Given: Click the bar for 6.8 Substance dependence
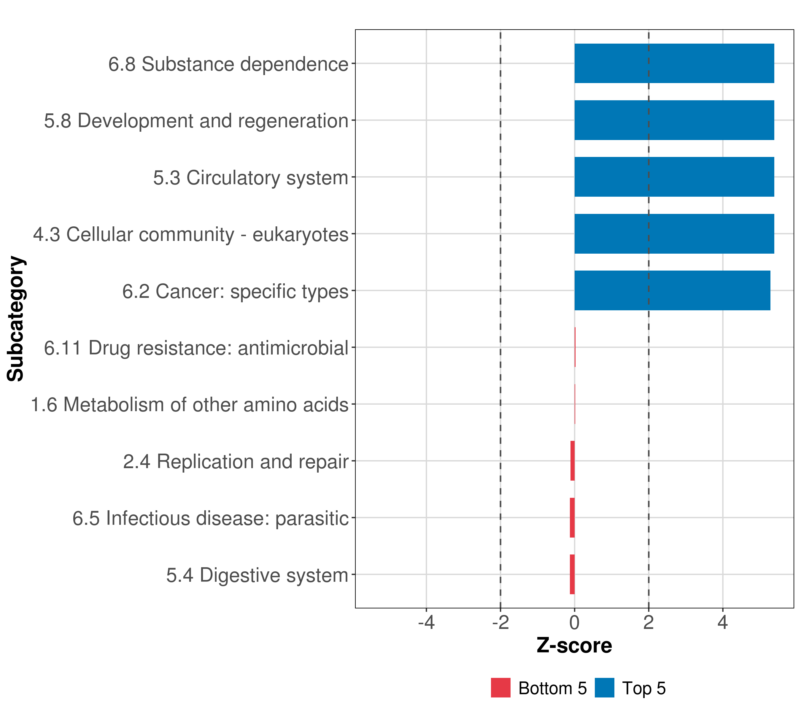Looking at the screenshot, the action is [x=674, y=63].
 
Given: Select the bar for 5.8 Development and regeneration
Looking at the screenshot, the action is [x=674, y=120].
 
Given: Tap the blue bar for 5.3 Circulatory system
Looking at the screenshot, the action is [x=674, y=177].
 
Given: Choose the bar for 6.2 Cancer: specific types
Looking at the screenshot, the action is [x=673, y=290].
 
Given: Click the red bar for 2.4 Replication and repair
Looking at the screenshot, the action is [x=573, y=461].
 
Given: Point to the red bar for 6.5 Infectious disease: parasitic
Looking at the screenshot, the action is [x=572, y=518].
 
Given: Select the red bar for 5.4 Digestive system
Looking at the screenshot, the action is [x=572, y=574].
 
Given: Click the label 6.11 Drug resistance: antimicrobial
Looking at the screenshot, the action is [x=196, y=348].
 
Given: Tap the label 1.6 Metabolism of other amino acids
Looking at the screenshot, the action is [x=190, y=405].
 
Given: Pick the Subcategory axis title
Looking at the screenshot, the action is [x=16, y=319].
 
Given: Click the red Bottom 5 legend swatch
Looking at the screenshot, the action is [x=501, y=688].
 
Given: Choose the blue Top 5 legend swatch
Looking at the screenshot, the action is [x=605, y=688].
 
